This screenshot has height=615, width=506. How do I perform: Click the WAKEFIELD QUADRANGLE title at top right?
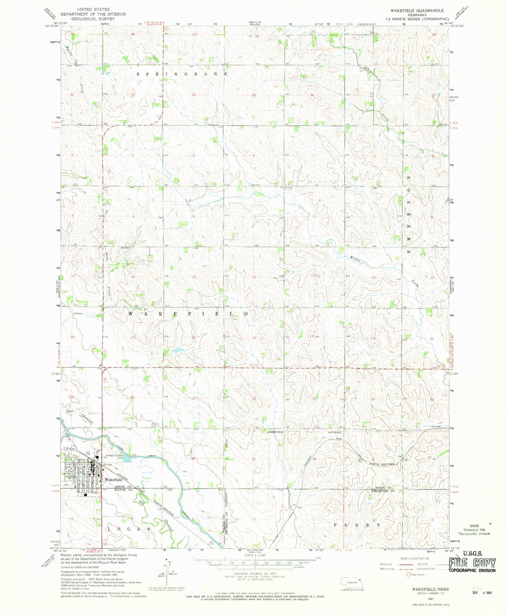tap(417, 11)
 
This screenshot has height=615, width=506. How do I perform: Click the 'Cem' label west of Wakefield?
tap(65, 485)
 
